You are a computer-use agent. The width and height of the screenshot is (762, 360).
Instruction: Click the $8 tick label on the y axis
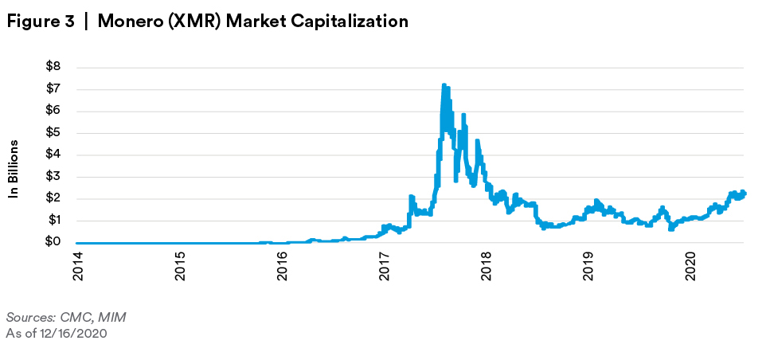coord(53,66)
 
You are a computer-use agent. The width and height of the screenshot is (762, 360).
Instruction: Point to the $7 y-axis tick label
coord(53,88)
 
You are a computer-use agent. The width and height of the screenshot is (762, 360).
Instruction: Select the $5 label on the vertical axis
coord(53,133)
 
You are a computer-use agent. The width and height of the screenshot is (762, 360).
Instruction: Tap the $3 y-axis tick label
coord(53,177)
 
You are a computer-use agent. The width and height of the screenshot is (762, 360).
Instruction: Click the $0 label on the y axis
coord(53,243)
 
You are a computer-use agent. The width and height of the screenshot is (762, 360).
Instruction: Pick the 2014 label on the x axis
coord(77,265)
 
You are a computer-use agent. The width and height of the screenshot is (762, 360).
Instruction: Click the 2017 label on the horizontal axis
coord(385,265)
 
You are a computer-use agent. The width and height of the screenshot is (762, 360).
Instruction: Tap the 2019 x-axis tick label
coord(589,265)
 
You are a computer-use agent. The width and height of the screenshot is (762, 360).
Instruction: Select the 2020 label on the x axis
coord(691,265)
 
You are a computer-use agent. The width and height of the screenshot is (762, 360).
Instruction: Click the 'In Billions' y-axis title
coord(14,169)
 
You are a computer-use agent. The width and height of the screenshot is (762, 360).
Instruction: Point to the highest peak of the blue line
coord(444,84)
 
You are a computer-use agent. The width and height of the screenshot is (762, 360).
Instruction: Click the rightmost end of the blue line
coord(744,194)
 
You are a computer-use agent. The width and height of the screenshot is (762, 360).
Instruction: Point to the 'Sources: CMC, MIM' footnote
coord(65,317)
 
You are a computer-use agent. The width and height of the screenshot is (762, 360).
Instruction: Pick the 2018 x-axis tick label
coord(487,265)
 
